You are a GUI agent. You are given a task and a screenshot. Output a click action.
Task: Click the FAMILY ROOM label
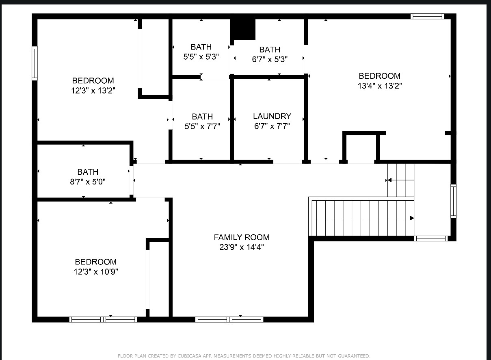pos(242,237)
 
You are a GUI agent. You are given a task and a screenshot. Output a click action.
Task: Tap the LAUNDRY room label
pos(272,116)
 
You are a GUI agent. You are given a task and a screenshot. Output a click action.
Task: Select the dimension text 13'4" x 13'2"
pos(380,86)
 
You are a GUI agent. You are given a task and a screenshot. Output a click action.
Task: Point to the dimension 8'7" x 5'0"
pos(88,182)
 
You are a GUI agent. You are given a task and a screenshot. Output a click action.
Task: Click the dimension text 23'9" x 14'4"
pos(242,247)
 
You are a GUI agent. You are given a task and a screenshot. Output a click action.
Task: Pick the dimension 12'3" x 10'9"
pos(96,272)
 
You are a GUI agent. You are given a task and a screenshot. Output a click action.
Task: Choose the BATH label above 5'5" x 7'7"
pos(202,117)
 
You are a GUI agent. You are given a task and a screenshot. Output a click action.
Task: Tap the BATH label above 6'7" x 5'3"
pos(270,50)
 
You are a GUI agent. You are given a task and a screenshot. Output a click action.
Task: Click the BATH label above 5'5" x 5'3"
pos(201,47)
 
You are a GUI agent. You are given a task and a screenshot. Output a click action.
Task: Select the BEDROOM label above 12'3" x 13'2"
pos(93,80)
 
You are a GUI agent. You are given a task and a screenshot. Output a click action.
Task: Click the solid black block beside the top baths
pos(242,30)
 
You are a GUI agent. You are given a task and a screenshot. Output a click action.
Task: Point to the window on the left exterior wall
pos(35,63)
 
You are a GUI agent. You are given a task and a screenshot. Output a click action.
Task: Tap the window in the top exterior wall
pos(427,16)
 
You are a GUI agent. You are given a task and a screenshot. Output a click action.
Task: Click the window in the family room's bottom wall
pos(229,319)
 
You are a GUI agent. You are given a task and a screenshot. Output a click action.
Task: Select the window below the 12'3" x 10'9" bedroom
pos(103,319)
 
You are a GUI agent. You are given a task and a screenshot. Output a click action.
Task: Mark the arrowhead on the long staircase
pos(412,218)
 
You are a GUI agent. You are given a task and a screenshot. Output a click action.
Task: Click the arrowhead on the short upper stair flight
pos(389,180)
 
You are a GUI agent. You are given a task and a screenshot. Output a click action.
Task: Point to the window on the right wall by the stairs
pos(454,201)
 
